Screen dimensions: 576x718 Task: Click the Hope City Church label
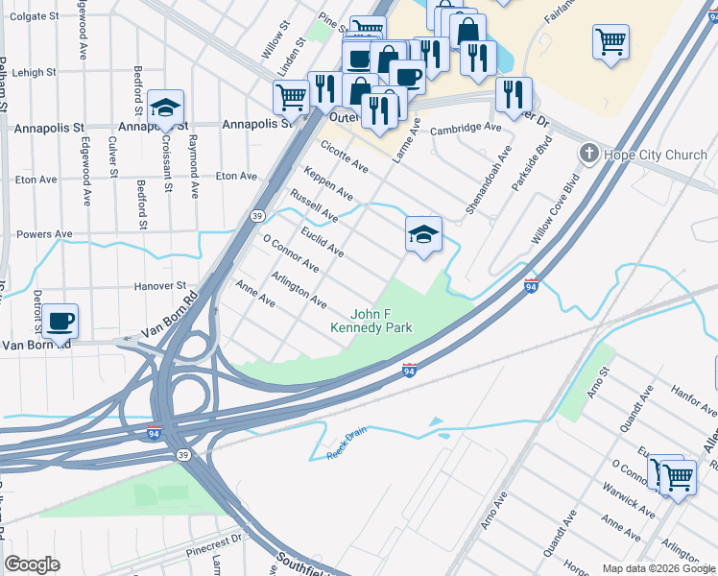656,155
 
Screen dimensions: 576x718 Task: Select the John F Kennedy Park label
371,321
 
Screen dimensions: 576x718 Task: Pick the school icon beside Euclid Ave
423,233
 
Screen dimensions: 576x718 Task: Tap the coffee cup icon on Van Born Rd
60,321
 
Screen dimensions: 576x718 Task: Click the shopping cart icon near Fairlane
610,41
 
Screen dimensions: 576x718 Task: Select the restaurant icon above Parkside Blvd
514,94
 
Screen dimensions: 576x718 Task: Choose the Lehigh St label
35,72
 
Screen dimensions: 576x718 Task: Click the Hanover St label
159,285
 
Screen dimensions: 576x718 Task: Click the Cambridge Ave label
466,128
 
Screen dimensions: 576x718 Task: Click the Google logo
33,564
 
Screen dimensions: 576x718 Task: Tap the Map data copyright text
658,568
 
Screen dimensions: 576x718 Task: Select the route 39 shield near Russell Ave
258,216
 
